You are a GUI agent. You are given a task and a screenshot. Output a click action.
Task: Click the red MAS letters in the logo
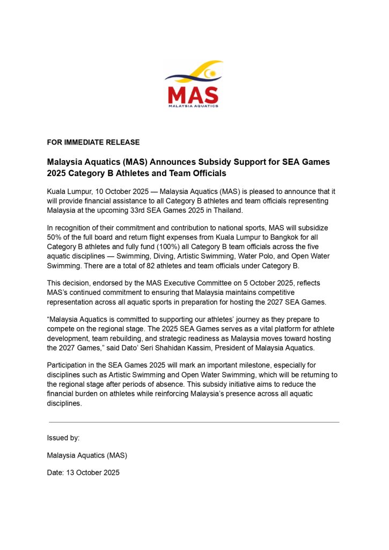click(193, 95)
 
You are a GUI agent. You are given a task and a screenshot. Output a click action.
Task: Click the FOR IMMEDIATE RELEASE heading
click(93, 142)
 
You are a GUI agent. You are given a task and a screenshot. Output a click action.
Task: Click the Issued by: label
click(63, 438)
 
